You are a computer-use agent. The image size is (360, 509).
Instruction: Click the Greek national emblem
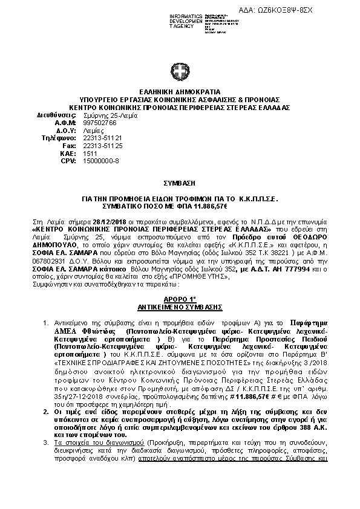(x=180, y=73)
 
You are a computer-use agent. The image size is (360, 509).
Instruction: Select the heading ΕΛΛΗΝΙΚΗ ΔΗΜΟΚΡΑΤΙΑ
(x=180, y=91)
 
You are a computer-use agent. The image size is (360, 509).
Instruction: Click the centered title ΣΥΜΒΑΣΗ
(x=180, y=181)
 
